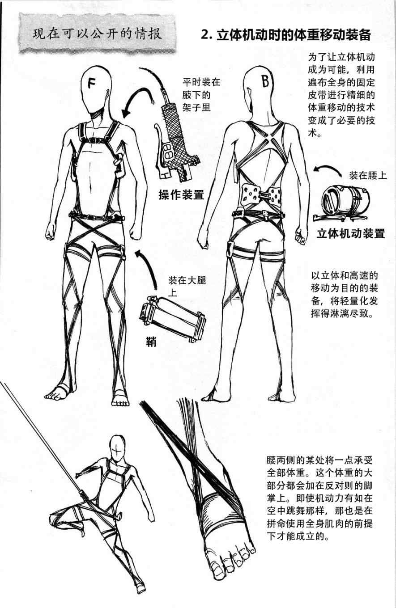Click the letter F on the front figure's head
pyautogui.click(x=93, y=83)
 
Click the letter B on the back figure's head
pyautogui.click(x=265, y=81)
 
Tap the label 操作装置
pyautogui.click(x=181, y=195)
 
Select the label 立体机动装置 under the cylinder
pyautogui.click(x=350, y=233)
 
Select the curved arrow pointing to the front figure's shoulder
pyautogui.click(x=139, y=99)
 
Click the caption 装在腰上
pyautogui.click(x=368, y=175)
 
